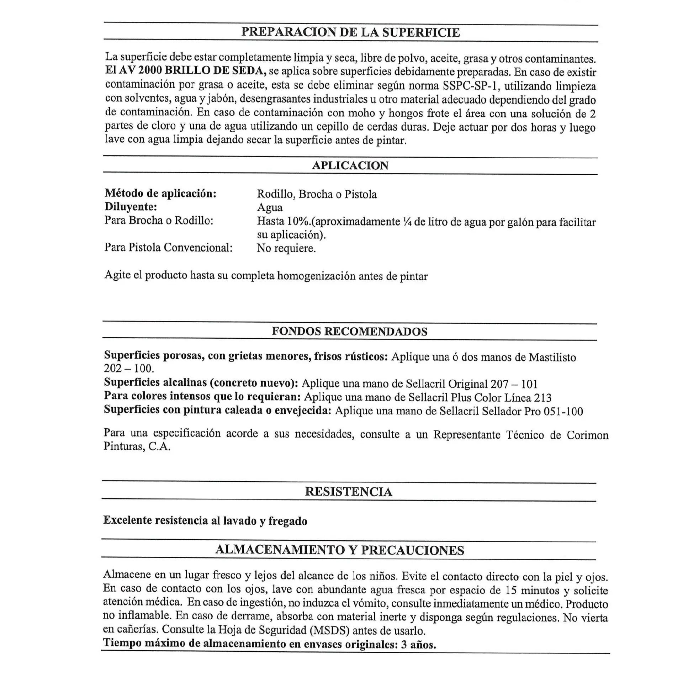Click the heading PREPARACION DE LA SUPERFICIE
click(350, 32)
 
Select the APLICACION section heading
click(350, 165)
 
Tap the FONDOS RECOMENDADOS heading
click(349, 331)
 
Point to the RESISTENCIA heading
click(349, 492)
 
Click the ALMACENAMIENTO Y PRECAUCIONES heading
click(340, 550)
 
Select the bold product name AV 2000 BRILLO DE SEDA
click(192, 70)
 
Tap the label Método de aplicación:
click(160, 193)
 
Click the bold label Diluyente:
click(131, 207)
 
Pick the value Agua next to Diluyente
click(270, 207)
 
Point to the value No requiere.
click(286, 248)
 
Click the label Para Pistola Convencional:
click(168, 248)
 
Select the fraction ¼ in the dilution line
click(407, 222)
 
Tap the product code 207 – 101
click(514, 384)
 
